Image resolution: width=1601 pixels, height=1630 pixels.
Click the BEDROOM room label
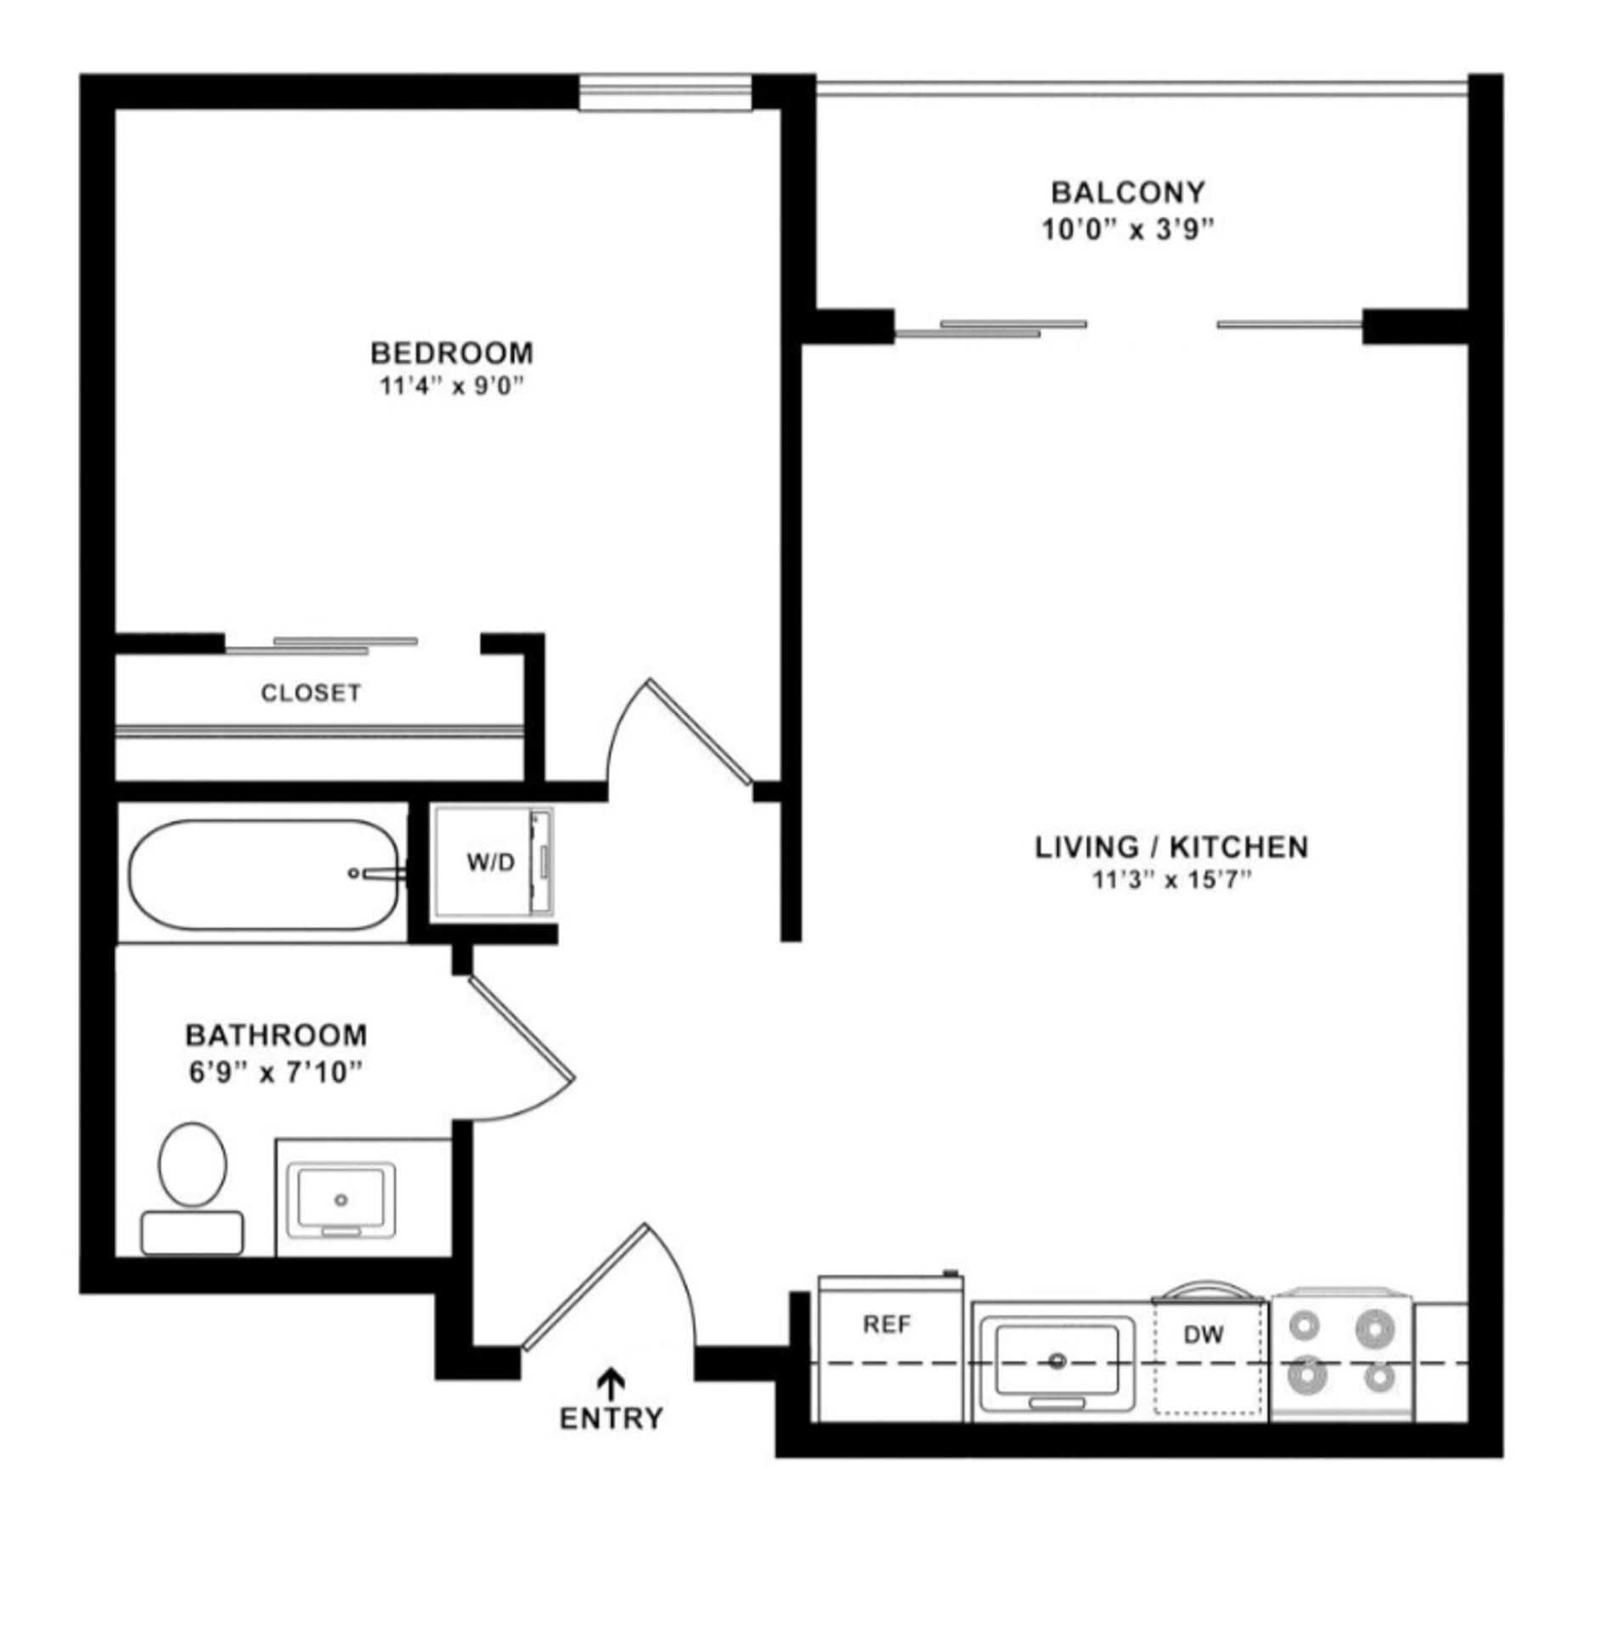(452, 352)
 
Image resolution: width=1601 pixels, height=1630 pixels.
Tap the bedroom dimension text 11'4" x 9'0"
(450, 387)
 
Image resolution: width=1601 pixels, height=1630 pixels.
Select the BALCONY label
(1127, 193)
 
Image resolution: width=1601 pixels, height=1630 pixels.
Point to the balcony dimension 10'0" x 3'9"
(1127, 230)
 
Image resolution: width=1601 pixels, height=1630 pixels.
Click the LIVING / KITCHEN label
(1171, 846)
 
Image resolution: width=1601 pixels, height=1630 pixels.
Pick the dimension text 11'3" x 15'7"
(1172, 880)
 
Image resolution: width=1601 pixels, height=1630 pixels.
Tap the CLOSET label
(311, 694)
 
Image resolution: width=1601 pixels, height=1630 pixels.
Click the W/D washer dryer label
(490, 863)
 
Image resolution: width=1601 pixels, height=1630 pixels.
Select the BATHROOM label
(276, 1035)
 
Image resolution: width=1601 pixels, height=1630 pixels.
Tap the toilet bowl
(193, 1164)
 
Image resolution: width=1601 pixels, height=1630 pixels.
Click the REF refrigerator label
(887, 1324)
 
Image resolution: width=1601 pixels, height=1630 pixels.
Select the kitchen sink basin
(1056, 1362)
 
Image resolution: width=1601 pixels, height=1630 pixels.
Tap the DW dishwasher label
(1204, 1335)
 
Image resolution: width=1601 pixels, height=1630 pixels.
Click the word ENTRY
(611, 1419)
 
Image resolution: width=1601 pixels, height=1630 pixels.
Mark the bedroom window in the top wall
(665, 93)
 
